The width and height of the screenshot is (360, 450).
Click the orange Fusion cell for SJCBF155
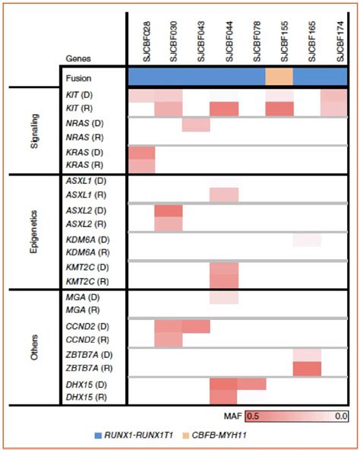[x=279, y=76]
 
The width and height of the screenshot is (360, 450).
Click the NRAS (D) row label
[x=87, y=124]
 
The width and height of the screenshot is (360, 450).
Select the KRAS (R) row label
[x=87, y=165]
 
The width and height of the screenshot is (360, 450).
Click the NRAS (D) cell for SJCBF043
[x=196, y=124]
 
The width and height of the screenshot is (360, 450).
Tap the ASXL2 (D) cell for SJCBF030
[x=169, y=210]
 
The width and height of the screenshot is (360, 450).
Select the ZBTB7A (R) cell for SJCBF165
[x=307, y=369]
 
